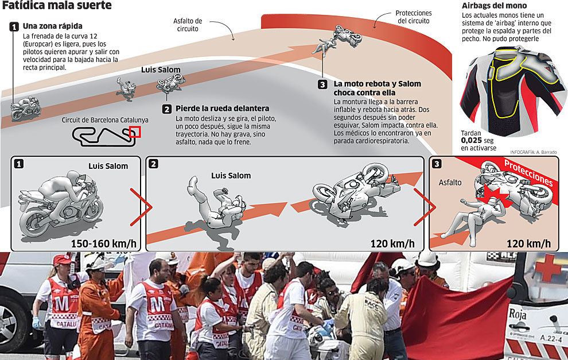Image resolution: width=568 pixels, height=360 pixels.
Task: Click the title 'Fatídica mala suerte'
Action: click(56, 7)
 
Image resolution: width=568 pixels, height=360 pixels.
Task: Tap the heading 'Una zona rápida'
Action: click(52, 26)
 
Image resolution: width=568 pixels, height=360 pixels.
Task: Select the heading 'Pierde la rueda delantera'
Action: click(222, 109)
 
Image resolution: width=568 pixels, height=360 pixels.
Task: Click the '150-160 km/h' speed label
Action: click(103, 243)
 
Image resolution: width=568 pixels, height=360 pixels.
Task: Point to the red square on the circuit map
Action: click(135, 132)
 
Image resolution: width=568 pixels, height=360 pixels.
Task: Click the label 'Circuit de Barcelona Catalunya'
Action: click(105, 121)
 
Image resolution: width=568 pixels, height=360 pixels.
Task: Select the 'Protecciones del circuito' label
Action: click(413, 17)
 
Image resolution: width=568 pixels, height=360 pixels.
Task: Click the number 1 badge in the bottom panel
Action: click(19, 164)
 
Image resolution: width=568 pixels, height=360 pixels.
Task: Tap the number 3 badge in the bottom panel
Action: click(437, 164)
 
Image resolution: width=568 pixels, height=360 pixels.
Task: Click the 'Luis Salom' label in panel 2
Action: click(231, 176)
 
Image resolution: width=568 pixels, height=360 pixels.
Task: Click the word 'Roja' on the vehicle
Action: click(518, 314)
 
